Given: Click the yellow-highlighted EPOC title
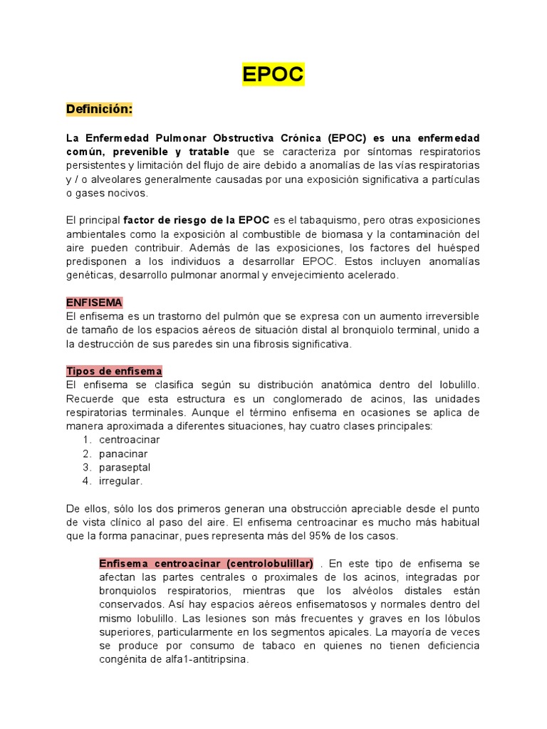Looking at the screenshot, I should [273, 74].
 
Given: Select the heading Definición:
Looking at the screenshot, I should [99, 110].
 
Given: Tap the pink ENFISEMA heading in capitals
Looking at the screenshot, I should [94, 303].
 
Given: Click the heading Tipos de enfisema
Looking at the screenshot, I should [114, 371].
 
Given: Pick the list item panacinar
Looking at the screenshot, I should [123, 453].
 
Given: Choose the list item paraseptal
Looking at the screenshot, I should [125, 467].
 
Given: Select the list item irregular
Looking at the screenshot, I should [121, 481].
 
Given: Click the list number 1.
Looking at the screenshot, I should [86, 440].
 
